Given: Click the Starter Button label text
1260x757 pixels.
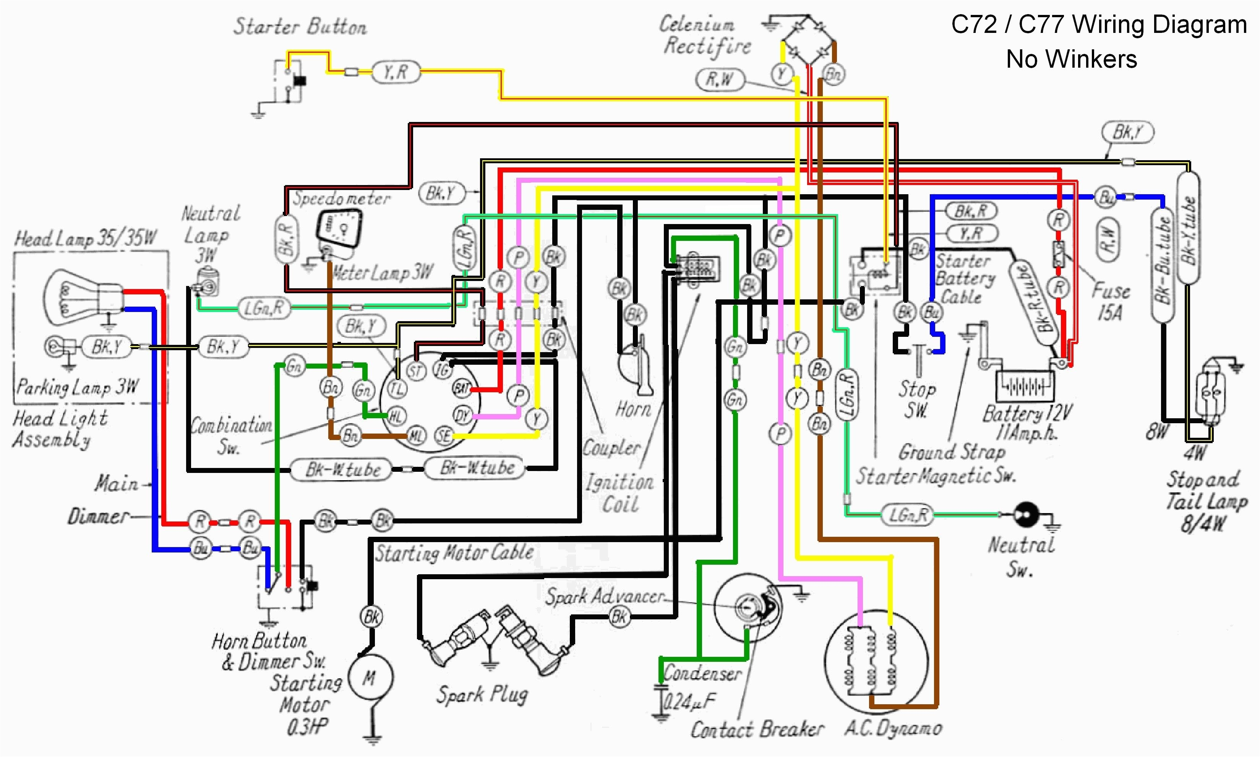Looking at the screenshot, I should click(300, 26).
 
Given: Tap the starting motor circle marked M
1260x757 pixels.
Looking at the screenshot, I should click(370, 678).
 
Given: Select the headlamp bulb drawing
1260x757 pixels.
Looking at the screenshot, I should click(81, 297).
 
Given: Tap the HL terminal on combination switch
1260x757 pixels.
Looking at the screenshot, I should click(396, 416).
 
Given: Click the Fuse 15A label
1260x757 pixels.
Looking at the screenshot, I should click(1110, 301).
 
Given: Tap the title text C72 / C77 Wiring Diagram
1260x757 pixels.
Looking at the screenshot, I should click(1098, 24).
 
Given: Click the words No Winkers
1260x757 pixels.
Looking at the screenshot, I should click(1071, 59).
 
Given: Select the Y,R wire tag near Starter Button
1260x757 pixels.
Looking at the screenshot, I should click(396, 72).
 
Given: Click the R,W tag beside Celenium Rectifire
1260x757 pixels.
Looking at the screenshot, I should click(720, 80).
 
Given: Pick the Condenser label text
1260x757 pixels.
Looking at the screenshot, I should click(702, 673).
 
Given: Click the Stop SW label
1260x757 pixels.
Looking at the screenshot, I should click(916, 398).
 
